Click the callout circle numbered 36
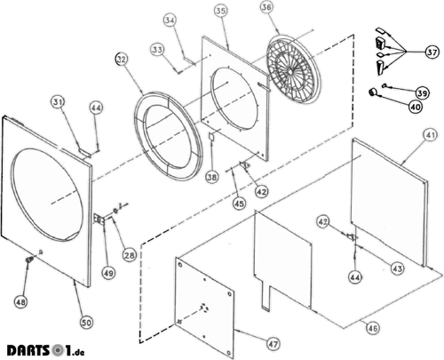point(266,8)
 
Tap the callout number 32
point(122,60)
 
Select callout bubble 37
point(432,52)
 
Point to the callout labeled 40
point(416,107)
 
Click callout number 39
point(422,93)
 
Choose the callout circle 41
point(430,135)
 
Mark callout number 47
point(273,344)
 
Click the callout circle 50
point(86,323)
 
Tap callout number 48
point(20,302)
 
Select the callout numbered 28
point(130,255)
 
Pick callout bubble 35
point(221,12)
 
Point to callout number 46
point(372,328)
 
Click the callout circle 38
point(212,177)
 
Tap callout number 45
point(239,204)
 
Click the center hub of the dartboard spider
point(289,72)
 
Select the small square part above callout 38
point(211,137)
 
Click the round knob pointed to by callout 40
point(372,92)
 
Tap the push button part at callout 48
point(29,260)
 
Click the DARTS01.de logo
point(46,350)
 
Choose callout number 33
point(157,49)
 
